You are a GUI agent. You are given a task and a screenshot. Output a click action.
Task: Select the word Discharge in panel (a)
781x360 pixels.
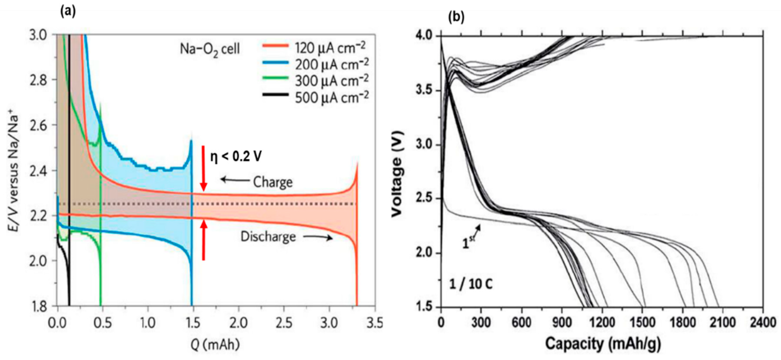(x=268, y=237)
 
